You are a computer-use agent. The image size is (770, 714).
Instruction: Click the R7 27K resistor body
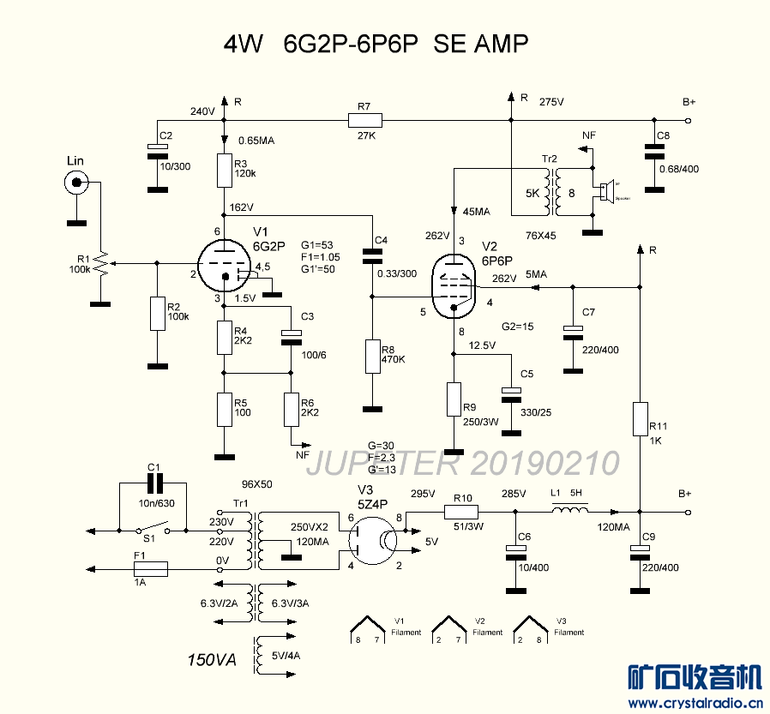point(364,120)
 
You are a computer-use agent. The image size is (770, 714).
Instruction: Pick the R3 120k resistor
point(225,171)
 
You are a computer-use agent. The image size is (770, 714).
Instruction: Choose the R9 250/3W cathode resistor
point(454,399)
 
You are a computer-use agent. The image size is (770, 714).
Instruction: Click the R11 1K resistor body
point(640,418)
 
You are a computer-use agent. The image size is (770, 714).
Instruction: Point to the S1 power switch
point(150,530)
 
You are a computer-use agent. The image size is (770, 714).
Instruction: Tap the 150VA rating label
point(211,660)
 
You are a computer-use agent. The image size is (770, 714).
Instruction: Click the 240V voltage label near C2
point(202,111)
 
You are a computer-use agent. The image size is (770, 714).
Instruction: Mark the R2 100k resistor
point(157,314)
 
